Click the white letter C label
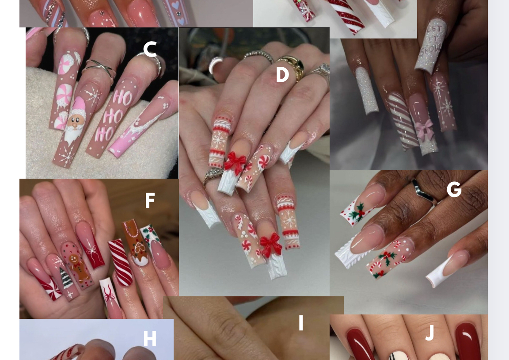coord(150,49)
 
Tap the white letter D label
coord(282,75)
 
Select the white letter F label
coord(150,200)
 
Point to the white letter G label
coord(454,189)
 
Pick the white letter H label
coord(150,339)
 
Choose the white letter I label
coord(301,323)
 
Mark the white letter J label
coord(430,333)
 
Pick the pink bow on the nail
coord(424,129)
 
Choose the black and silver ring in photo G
coord(424,193)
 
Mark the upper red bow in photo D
coord(235,162)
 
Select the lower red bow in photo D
coord(271,245)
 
